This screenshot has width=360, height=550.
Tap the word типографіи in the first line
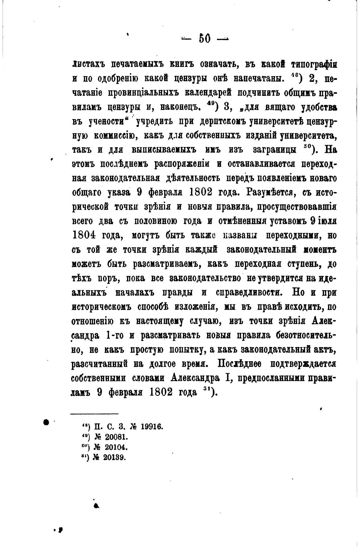[310, 64]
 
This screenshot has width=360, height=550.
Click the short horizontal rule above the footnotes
[94, 414]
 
